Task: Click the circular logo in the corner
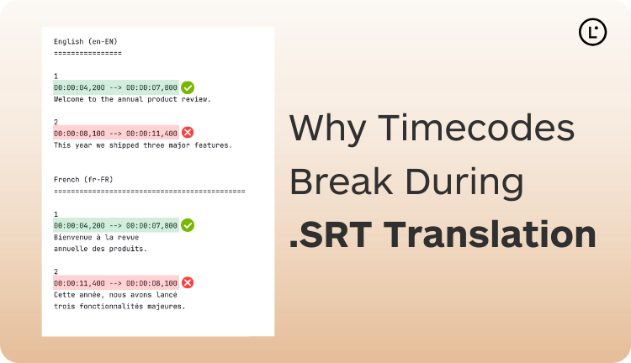pyautogui.click(x=593, y=31)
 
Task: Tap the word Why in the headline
pyautogui.click(x=324, y=129)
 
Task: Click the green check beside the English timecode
pyautogui.click(x=188, y=87)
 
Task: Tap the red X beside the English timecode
pyautogui.click(x=188, y=132)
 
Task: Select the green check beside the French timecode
pyautogui.click(x=188, y=225)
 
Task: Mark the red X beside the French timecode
pyautogui.click(x=188, y=283)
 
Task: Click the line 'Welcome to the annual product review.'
pyautogui.click(x=132, y=99)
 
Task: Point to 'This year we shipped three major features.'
pyautogui.click(x=142, y=145)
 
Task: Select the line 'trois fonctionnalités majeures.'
pyautogui.click(x=119, y=306)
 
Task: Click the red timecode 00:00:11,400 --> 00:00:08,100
pyautogui.click(x=115, y=283)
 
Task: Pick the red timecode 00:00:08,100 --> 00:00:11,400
pyautogui.click(x=115, y=133)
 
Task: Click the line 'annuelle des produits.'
pyautogui.click(x=100, y=249)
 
